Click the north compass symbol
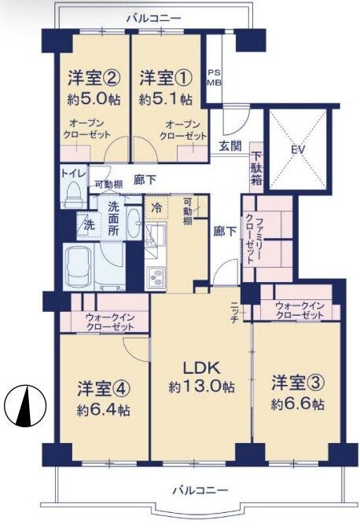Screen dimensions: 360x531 [x=25, y=405]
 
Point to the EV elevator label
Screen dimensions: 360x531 [x=298, y=149]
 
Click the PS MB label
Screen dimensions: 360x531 [x=214, y=78]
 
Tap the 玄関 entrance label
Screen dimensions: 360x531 [x=230, y=146]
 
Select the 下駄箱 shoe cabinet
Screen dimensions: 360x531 [x=256, y=168]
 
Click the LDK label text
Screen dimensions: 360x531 [x=202, y=368]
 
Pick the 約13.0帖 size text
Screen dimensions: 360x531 [x=201, y=386]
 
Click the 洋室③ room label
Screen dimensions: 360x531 [x=298, y=383]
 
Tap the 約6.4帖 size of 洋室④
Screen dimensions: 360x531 [x=103, y=411]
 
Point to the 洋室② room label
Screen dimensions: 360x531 [x=94, y=78]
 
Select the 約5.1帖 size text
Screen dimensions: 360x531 [x=166, y=99]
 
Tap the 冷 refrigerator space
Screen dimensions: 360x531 [x=156, y=208]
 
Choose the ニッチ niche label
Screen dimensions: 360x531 [x=234, y=312]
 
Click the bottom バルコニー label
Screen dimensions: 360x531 [x=200, y=490]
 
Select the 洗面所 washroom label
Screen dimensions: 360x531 [x=113, y=219]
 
